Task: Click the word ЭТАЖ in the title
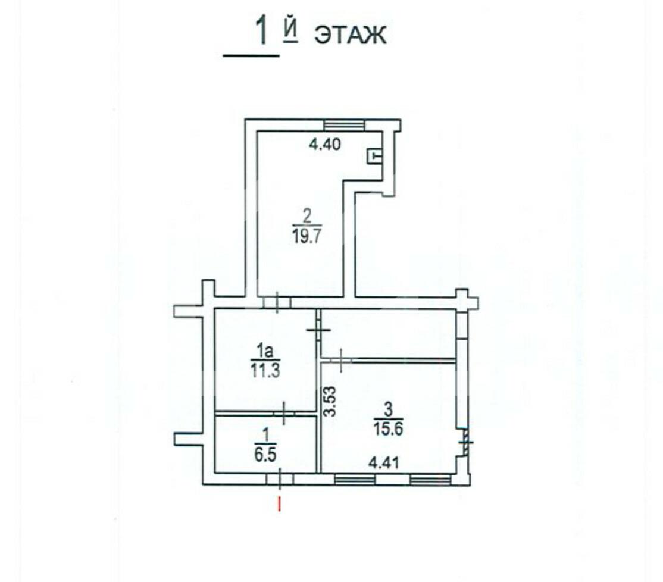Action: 350,35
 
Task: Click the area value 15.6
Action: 387,428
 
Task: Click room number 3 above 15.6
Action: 387,409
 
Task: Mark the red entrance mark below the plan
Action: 278,505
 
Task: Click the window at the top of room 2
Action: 343,125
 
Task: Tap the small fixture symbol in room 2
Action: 374,157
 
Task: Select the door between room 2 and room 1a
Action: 277,302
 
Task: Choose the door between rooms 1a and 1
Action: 284,412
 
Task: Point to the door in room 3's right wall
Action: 465,442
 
